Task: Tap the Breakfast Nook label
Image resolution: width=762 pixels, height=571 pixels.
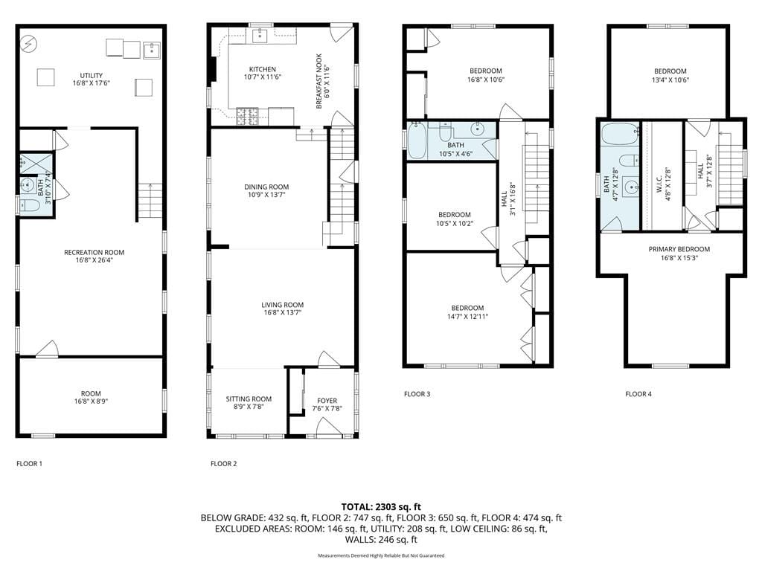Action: (318, 82)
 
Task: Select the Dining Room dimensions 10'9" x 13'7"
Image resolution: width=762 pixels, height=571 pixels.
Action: (266, 196)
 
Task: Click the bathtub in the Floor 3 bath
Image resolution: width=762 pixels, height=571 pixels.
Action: (417, 141)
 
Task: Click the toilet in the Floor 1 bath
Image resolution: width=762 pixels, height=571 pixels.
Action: (26, 205)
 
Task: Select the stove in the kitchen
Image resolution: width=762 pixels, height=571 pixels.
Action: (247, 115)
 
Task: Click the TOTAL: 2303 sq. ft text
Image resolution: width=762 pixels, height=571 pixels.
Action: (381, 506)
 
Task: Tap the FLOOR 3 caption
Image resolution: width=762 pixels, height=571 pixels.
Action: (417, 394)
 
